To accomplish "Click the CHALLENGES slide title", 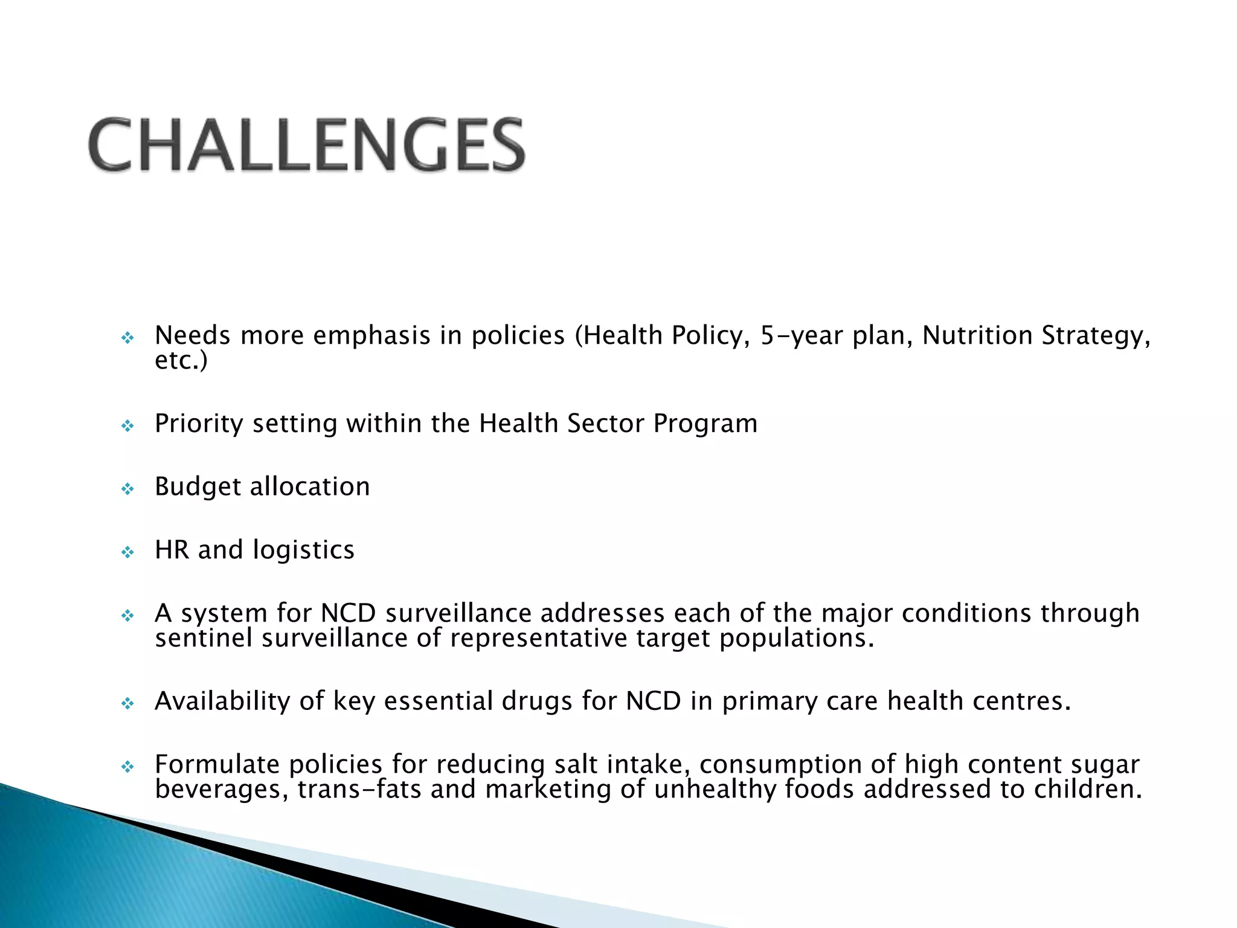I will (307, 145).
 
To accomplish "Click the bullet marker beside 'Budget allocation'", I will (127, 488).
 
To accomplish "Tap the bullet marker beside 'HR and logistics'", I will (127, 552).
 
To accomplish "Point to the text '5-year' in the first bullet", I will (801, 336).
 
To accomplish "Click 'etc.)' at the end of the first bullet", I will (181, 361).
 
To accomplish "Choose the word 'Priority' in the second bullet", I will (199, 424).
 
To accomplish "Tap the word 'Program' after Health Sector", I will (705, 424).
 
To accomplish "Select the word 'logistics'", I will (303, 550).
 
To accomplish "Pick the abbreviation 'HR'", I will (172, 550).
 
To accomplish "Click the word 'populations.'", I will (797, 639).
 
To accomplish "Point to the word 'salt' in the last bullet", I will (576, 765).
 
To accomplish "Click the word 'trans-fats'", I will (359, 790).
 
